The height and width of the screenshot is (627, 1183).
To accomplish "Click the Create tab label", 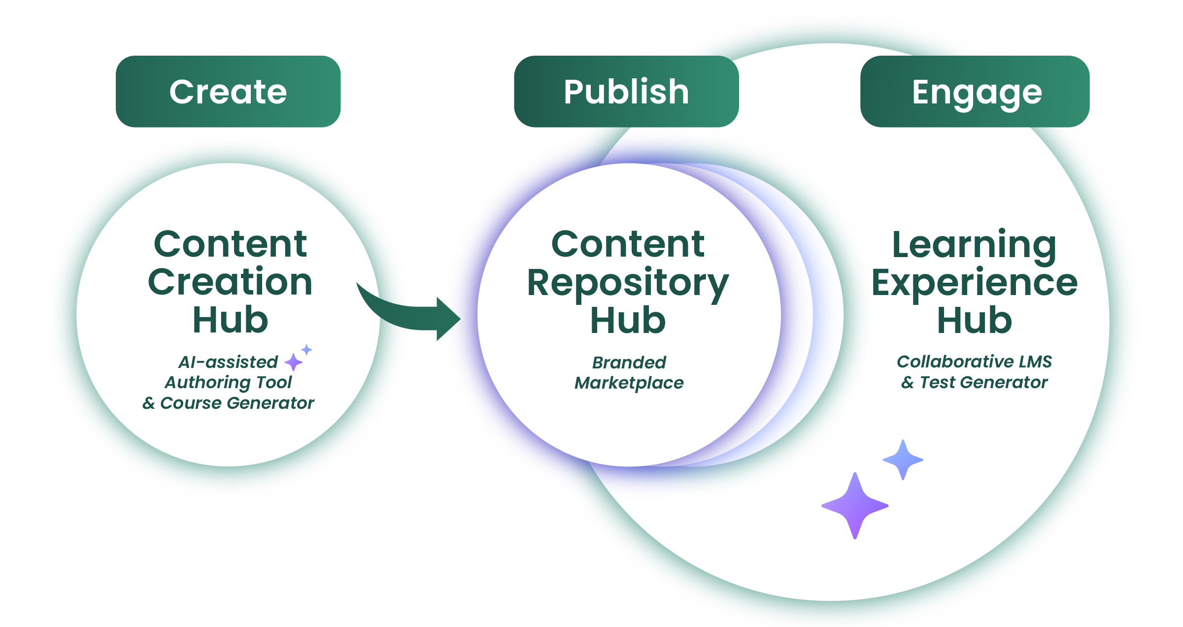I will pyautogui.click(x=228, y=92).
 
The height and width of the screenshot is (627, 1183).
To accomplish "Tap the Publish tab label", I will pyautogui.click(x=626, y=92).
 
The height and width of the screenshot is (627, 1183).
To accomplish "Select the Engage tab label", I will pyautogui.click(x=977, y=93).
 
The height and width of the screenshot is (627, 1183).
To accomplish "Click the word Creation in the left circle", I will pyautogui.click(x=230, y=282).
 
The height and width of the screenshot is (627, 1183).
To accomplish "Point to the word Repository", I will pyautogui.click(x=628, y=283).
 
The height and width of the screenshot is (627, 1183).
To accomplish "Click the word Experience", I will pyautogui.click(x=975, y=283).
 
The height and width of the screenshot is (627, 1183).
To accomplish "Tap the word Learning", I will pyautogui.click(x=974, y=245).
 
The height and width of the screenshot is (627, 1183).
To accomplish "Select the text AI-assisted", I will pyautogui.click(x=228, y=363).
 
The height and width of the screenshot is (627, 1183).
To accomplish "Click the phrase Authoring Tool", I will pyautogui.click(x=228, y=382).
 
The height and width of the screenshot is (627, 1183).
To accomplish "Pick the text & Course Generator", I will pyautogui.click(x=228, y=403).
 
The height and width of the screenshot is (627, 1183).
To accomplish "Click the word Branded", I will pyautogui.click(x=629, y=363).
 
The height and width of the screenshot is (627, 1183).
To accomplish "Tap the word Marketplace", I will pyautogui.click(x=629, y=383).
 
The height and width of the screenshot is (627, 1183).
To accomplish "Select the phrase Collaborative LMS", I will pyautogui.click(x=974, y=362).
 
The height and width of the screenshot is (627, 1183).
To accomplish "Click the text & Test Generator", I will pyautogui.click(x=974, y=383).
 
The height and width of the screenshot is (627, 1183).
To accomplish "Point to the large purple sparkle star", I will pyautogui.click(x=855, y=506).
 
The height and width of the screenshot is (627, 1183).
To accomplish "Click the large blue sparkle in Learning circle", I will pyautogui.click(x=903, y=460).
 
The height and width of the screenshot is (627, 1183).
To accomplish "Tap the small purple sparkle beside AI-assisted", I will pyautogui.click(x=294, y=362).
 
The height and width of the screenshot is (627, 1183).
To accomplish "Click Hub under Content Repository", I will pyautogui.click(x=628, y=321).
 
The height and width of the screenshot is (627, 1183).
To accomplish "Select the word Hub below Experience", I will pyautogui.click(x=974, y=321).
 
